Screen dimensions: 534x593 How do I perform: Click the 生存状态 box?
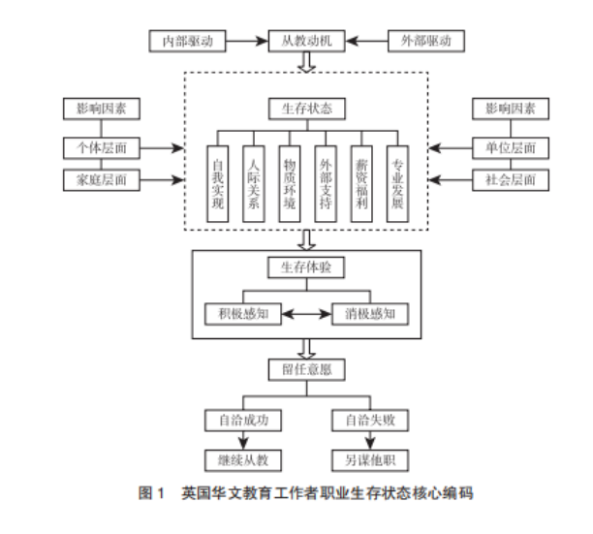point(306,109)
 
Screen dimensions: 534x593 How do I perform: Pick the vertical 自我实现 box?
point(217,182)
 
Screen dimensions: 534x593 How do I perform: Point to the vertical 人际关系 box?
point(253,182)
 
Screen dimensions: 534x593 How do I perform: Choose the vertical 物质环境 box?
point(288,182)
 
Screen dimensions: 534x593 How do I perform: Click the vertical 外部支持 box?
point(325,182)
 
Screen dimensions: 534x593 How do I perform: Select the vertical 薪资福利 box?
point(360,182)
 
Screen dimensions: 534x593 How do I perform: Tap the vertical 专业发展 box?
point(395,182)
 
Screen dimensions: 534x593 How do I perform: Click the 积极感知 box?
point(242,313)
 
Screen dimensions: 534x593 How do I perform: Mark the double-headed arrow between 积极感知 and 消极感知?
point(306,313)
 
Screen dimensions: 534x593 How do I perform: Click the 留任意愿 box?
point(306,369)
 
